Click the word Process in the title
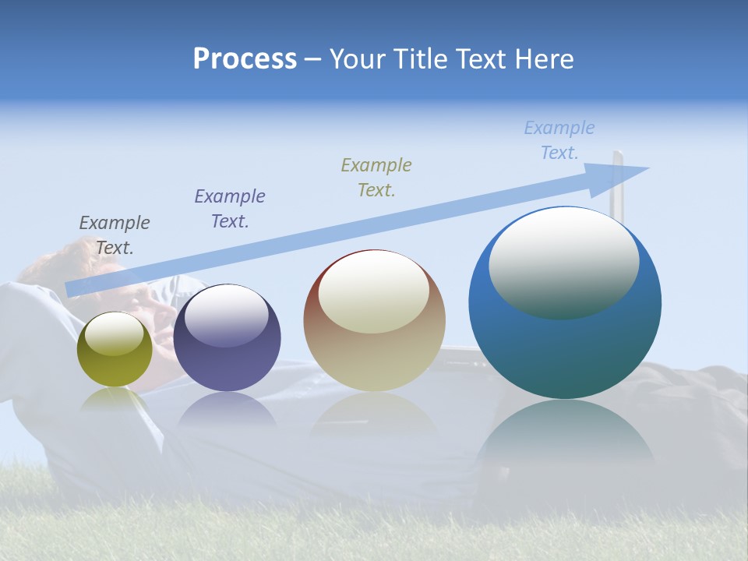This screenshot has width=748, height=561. [245, 59]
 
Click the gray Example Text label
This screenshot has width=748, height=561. [115, 235]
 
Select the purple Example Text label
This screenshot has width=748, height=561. [230, 209]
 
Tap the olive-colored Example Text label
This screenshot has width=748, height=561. [376, 177]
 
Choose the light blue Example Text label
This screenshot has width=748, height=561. [559, 140]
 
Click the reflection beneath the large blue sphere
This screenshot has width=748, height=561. [565, 436]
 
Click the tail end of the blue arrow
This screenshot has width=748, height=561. [72, 289]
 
